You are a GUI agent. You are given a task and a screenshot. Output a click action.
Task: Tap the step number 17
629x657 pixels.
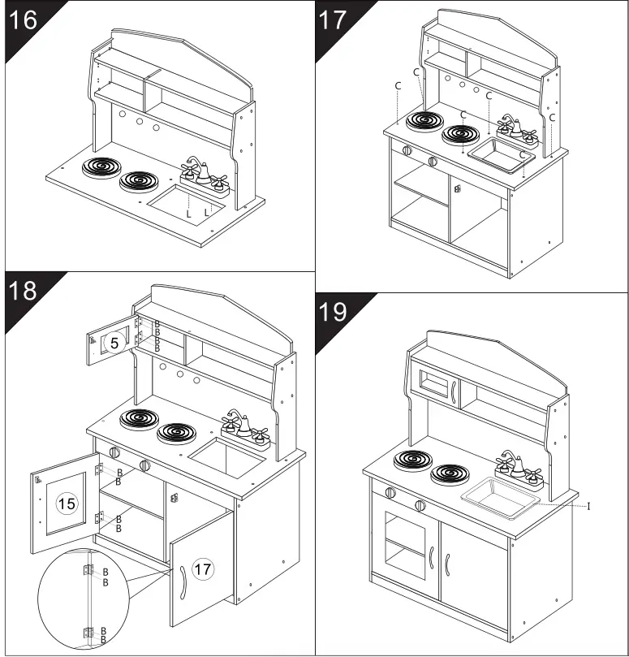(333, 19)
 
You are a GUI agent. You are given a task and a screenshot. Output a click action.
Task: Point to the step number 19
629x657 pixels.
(333, 313)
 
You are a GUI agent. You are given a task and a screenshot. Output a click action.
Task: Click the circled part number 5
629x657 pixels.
(114, 344)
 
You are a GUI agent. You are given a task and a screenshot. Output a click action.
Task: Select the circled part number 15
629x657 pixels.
(67, 504)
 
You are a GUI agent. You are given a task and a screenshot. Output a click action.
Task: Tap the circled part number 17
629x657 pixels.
(203, 569)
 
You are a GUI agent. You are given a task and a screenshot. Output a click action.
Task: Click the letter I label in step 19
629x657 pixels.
(588, 506)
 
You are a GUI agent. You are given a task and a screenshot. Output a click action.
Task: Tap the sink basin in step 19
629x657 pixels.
(498, 494)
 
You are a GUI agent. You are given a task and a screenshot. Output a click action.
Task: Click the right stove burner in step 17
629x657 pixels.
(461, 136)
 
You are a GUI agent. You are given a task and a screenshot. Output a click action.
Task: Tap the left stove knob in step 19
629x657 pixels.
(390, 493)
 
